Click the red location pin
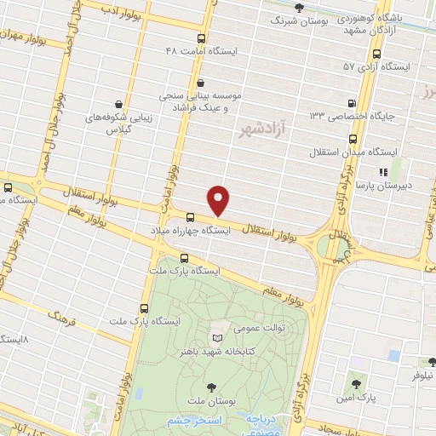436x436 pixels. tap(219, 199)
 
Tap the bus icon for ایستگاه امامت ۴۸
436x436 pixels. tap(201, 38)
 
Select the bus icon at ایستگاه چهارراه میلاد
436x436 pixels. tap(190, 217)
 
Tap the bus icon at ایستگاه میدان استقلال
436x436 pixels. tap(353, 139)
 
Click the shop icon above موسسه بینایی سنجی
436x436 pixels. tap(200, 83)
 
